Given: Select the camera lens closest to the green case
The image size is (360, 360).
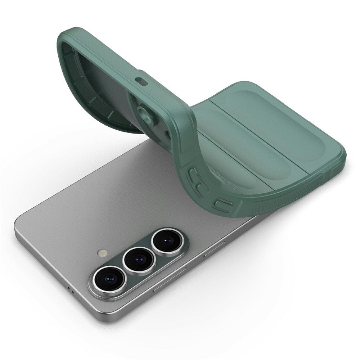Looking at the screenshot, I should (x=166, y=240).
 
